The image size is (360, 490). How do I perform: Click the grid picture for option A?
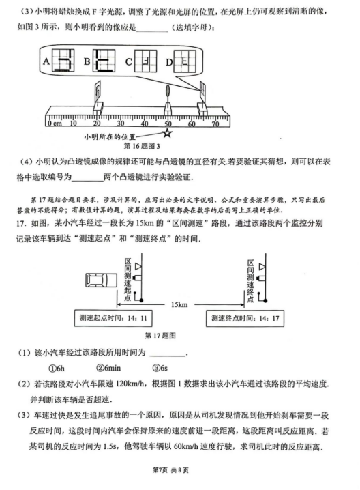[x=63, y=61]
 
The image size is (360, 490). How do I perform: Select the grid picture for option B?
[x=104, y=61]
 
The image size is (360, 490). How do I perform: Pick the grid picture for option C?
[x=145, y=61]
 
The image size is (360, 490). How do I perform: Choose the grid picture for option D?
[x=185, y=61]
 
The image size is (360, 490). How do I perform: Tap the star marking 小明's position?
[x=168, y=133]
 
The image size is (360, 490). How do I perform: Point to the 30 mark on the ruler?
[x=121, y=124]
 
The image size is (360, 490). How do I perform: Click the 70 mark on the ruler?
[x=215, y=124]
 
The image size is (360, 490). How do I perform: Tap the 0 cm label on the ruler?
[x=55, y=124]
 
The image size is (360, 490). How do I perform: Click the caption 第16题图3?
[x=142, y=146]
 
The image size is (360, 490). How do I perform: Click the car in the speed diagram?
[x=101, y=280]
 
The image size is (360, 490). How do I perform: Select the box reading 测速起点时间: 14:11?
[x=113, y=318]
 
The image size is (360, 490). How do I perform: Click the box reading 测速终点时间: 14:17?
[x=245, y=318]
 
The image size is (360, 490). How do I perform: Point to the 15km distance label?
[x=179, y=304]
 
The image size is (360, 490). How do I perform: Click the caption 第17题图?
[x=160, y=336]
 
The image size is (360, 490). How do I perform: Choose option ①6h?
[x=57, y=369]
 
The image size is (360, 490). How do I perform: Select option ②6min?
[x=108, y=368]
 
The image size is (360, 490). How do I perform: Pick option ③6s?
[x=160, y=368]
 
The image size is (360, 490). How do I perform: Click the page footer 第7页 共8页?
[x=170, y=470]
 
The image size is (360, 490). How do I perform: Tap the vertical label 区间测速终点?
[x=250, y=280]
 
